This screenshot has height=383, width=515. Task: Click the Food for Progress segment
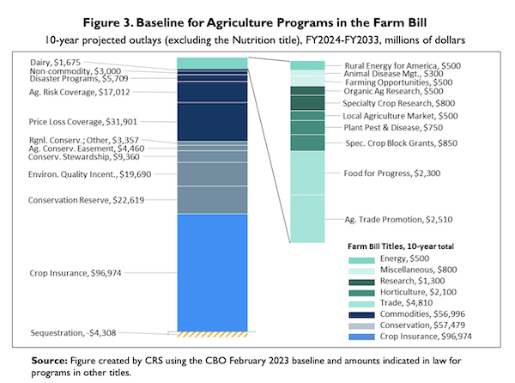click(x=307, y=173)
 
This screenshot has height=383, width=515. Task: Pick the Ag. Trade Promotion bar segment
click(x=307, y=218)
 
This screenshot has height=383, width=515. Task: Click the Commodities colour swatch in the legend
click(x=361, y=314)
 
